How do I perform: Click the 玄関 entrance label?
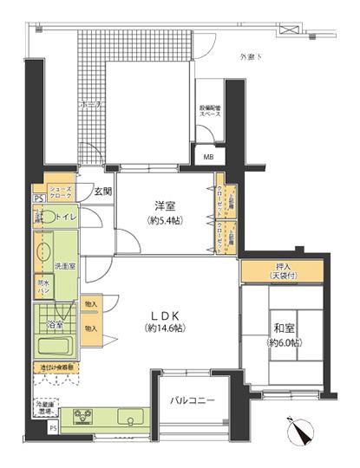(102, 192)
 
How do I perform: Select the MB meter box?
(210, 157)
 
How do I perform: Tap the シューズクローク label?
(59, 193)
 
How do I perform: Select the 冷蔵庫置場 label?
(44, 406)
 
